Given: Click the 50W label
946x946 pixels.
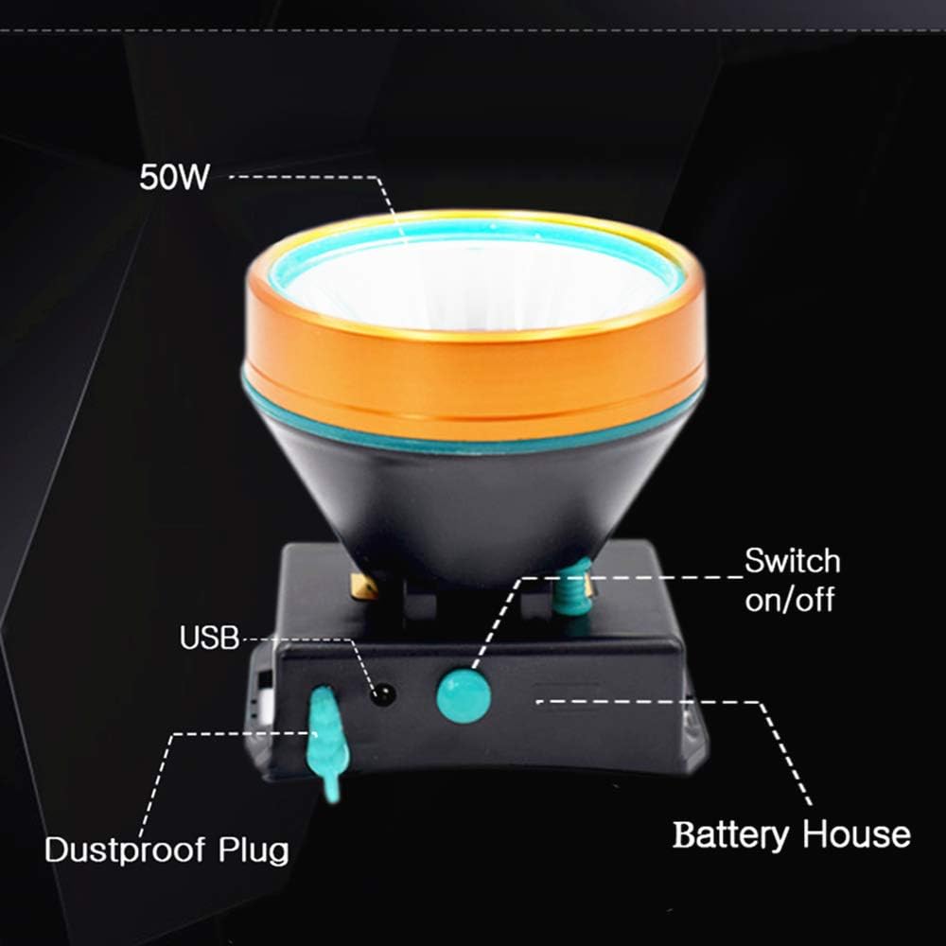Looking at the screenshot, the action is (x=173, y=177).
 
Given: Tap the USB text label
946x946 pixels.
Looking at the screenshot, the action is (x=209, y=638).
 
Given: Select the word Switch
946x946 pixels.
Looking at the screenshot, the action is (x=792, y=561).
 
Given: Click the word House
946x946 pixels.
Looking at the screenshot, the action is (x=856, y=835).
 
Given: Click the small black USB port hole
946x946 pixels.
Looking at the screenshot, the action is (x=383, y=695).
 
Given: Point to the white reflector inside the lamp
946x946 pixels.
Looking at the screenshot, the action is (x=473, y=284).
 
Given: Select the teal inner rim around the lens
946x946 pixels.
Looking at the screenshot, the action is (x=473, y=232).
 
